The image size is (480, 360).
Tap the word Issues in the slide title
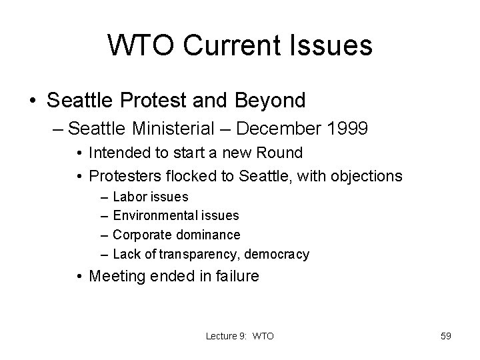click(x=335, y=46)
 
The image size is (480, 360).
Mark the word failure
click(x=233, y=276)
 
